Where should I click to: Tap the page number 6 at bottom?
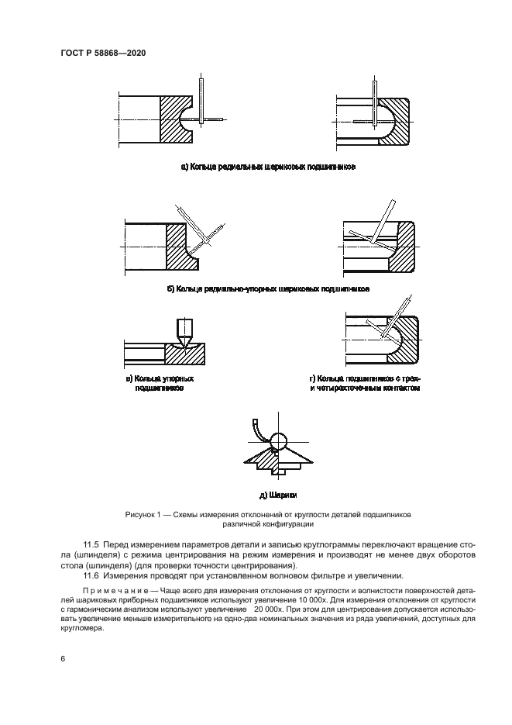click(63, 658)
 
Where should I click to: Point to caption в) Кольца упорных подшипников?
click(160, 384)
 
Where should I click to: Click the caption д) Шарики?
click(278, 494)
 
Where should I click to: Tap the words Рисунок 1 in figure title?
click(143, 514)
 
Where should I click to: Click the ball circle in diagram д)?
click(278, 441)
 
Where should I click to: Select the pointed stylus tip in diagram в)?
click(185, 342)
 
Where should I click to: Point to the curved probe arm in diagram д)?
click(259, 431)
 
